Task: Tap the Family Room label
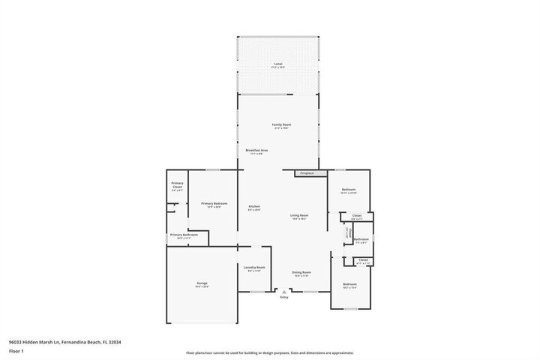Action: click(x=280, y=126)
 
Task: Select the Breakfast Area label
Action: click(x=256, y=151)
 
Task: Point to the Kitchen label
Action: click(x=254, y=208)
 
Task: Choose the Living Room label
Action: click(x=299, y=217)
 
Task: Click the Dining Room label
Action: click(x=301, y=274)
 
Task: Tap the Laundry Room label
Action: click(x=254, y=268)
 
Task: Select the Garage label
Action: click(x=201, y=284)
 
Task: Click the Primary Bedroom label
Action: click(x=214, y=205)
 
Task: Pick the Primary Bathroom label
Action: click(x=184, y=236)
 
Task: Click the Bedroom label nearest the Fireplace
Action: click(x=349, y=190)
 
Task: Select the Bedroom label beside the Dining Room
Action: click(x=350, y=286)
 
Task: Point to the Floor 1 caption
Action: click(x=16, y=350)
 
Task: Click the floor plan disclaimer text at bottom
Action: click(x=269, y=352)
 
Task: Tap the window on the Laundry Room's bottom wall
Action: click(x=256, y=292)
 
